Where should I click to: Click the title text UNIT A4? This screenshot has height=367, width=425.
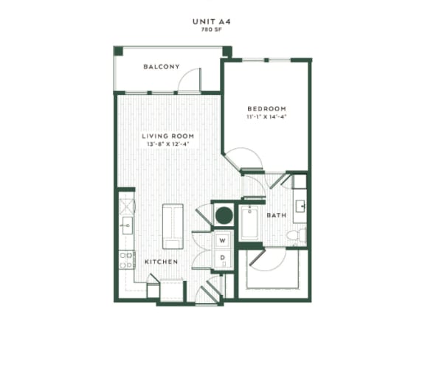click(212, 22)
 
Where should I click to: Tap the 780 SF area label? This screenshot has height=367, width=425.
click(212, 31)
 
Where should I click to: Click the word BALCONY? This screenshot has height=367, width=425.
click(162, 67)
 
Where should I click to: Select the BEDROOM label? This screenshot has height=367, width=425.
click(266, 108)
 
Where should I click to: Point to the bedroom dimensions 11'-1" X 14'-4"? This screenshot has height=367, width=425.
click(266, 116)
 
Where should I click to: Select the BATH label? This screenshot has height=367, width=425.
click(276, 216)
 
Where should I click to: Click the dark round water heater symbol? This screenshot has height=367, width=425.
click(224, 216)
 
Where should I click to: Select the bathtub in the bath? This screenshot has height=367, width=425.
click(249, 224)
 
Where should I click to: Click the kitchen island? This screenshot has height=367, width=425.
click(173, 226)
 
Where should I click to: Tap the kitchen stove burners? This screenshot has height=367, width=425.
click(126, 259)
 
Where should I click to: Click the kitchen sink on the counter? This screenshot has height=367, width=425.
click(126, 225)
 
